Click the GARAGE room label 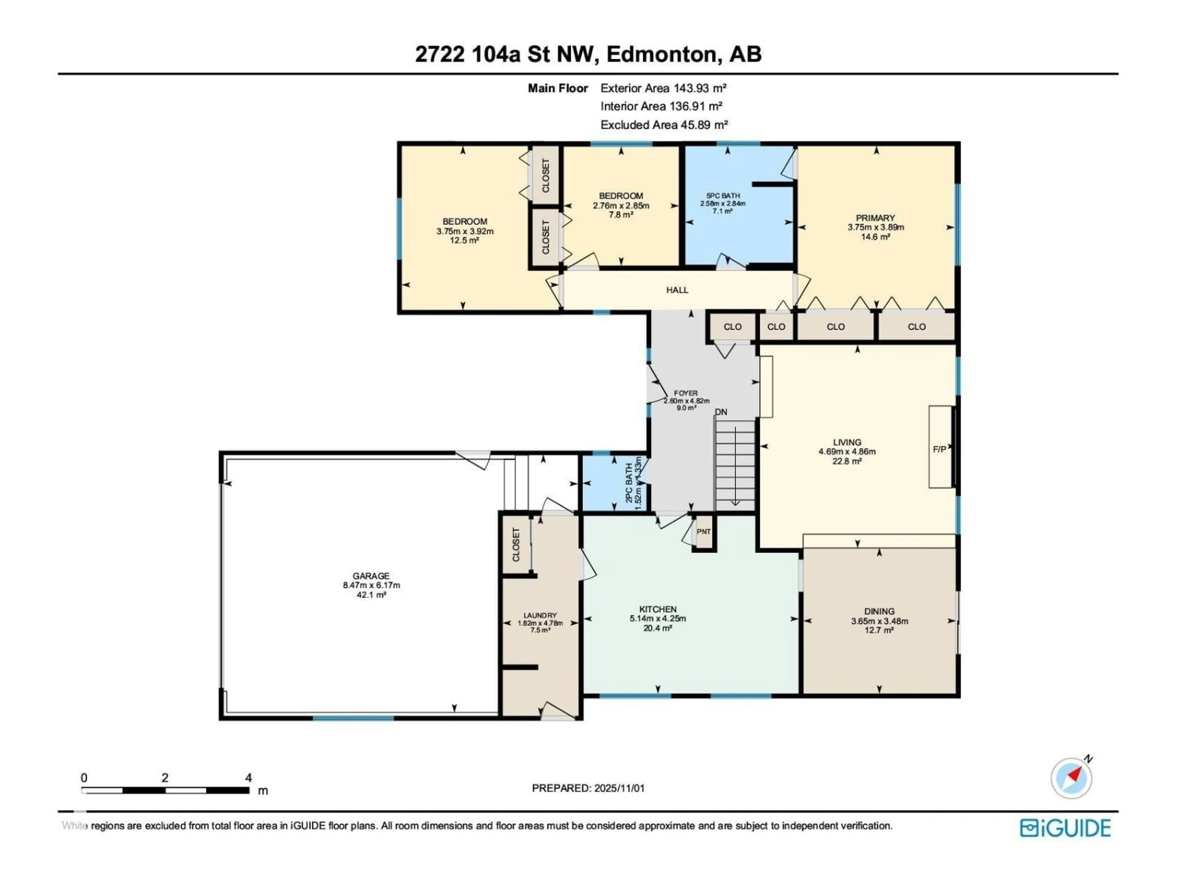[371, 576]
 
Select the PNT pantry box [703, 532]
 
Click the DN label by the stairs [721, 412]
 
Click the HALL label [677, 290]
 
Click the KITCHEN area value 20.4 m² [658, 628]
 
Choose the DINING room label [879, 612]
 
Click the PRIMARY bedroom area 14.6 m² [875, 237]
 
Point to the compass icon [1071, 778]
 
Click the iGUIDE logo [1065, 828]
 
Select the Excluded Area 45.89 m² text [664, 125]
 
